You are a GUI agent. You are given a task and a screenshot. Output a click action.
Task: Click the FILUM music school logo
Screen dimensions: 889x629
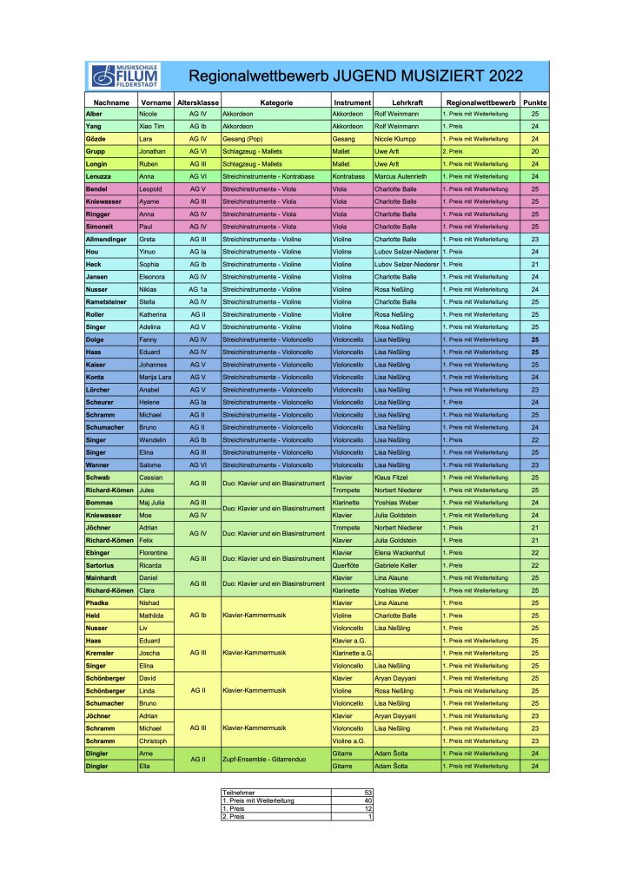coord(123,76)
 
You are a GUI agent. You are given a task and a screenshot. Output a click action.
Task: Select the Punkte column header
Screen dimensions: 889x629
coord(535,102)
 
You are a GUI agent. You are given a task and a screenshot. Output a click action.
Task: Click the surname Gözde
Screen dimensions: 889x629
coord(95,139)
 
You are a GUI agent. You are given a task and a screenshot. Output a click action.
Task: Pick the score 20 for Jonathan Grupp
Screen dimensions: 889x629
coord(535,151)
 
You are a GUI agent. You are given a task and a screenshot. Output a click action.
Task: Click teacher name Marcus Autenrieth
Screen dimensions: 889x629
coord(406,176)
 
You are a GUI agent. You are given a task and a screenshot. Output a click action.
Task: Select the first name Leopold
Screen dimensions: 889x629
coord(153,188)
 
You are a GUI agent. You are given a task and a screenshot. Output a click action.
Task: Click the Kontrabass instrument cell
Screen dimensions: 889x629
coord(350,176)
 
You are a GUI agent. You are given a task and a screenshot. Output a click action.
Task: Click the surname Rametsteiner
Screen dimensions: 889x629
coord(108,302)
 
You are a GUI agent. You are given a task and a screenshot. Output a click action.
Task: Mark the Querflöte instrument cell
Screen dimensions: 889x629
coord(348,565)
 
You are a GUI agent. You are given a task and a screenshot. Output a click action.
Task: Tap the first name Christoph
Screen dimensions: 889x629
coord(155,741)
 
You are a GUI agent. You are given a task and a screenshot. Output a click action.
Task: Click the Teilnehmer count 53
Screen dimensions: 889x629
coord(367,793)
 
